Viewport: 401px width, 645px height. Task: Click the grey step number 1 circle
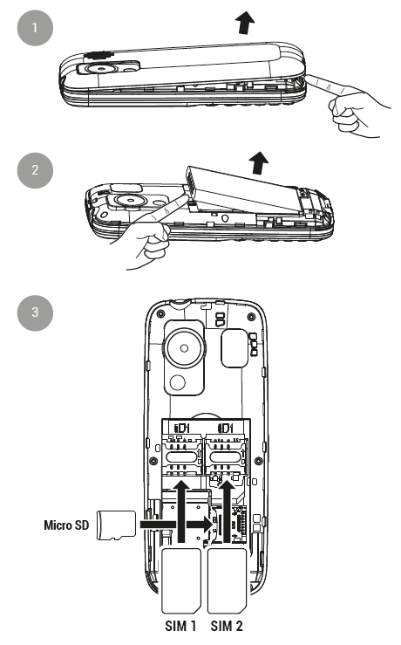point(35,28)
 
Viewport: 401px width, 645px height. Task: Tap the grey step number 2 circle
point(35,170)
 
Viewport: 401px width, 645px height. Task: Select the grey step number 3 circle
point(35,312)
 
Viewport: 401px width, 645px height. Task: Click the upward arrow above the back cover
point(245,23)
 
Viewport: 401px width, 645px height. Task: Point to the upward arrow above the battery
point(259,162)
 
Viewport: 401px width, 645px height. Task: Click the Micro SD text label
point(66,525)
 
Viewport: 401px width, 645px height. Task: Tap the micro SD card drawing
point(116,525)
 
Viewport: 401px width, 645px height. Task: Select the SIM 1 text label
point(180,626)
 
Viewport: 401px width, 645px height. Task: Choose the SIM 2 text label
point(227,626)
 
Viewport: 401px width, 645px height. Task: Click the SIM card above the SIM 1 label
point(181,580)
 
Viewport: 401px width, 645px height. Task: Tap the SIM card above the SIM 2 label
point(227,580)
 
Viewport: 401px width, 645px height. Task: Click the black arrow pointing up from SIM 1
point(181,511)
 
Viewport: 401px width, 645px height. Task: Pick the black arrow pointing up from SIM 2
point(227,511)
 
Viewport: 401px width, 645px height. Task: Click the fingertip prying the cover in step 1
point(311,79)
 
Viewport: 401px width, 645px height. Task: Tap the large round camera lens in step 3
point(184,348)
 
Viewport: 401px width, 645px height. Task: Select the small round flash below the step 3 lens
point(178,382)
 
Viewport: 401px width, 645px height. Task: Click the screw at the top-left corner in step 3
point(160,314)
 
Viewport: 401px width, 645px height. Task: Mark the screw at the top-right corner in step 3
point(251,317)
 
